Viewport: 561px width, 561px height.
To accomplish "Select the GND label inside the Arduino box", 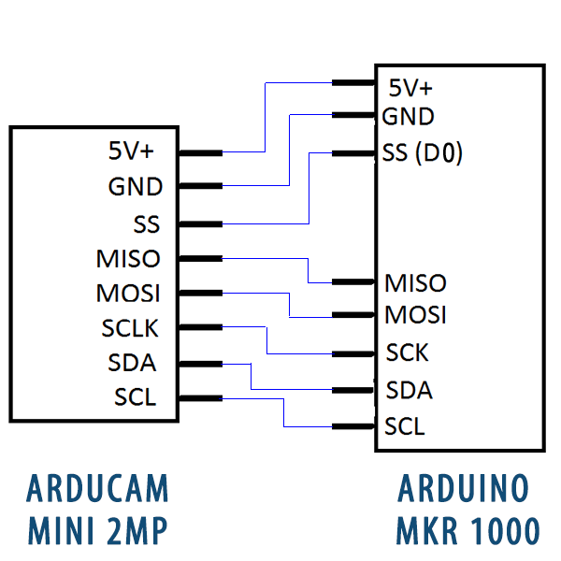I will (x=409, y=117).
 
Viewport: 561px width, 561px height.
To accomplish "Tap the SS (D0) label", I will (x=423, y=152).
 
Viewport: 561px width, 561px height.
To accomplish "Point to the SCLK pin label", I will (x=131, y=328).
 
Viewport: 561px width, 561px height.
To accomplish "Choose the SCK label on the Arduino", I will (x=408, y=353).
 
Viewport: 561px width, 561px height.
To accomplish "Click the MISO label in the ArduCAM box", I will (x=128, y=258).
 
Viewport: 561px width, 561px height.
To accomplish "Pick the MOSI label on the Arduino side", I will (x=415, y=314).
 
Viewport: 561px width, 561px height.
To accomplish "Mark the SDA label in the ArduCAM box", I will (x=133, y=363).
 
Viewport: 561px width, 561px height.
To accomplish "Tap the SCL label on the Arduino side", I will (x=405, y=427).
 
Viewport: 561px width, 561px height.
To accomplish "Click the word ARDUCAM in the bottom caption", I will (x=98, y=488).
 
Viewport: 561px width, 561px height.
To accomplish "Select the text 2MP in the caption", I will (x=139, y=530).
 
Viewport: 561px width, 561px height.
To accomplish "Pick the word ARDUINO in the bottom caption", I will (x=465, y=488).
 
